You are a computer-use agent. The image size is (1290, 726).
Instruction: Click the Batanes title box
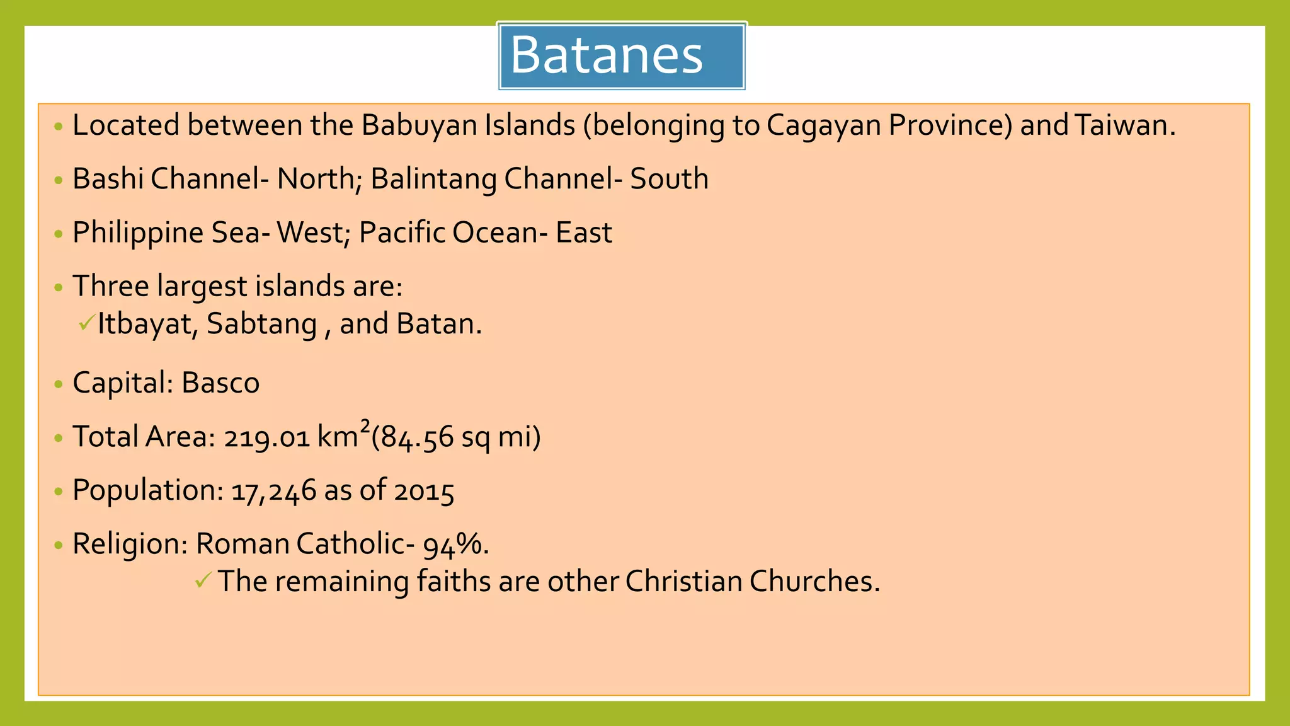click(x=622, y=55)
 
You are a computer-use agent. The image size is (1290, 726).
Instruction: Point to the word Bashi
click(x=108, y=178)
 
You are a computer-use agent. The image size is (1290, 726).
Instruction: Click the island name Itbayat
click(x=147, y=325)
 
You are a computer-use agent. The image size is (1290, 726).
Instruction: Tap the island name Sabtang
click(x=261, y=325)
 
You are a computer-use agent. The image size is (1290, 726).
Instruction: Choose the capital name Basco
click(x=220, y=383)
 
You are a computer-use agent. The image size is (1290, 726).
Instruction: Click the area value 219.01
click(x=266, y=437)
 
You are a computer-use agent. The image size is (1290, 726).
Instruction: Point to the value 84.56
click(x=416, y=437)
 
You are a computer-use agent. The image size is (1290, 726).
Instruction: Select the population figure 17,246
click(x=273, y=491)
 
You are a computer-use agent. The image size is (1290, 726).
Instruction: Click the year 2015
click(x=424, y=491)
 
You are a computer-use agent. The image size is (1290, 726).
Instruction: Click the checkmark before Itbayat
click(x=86, y=323)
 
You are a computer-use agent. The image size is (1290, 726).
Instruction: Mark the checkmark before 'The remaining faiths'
click(x=203, y=580)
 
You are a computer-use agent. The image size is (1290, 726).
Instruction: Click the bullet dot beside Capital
click(x=59, y=384)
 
